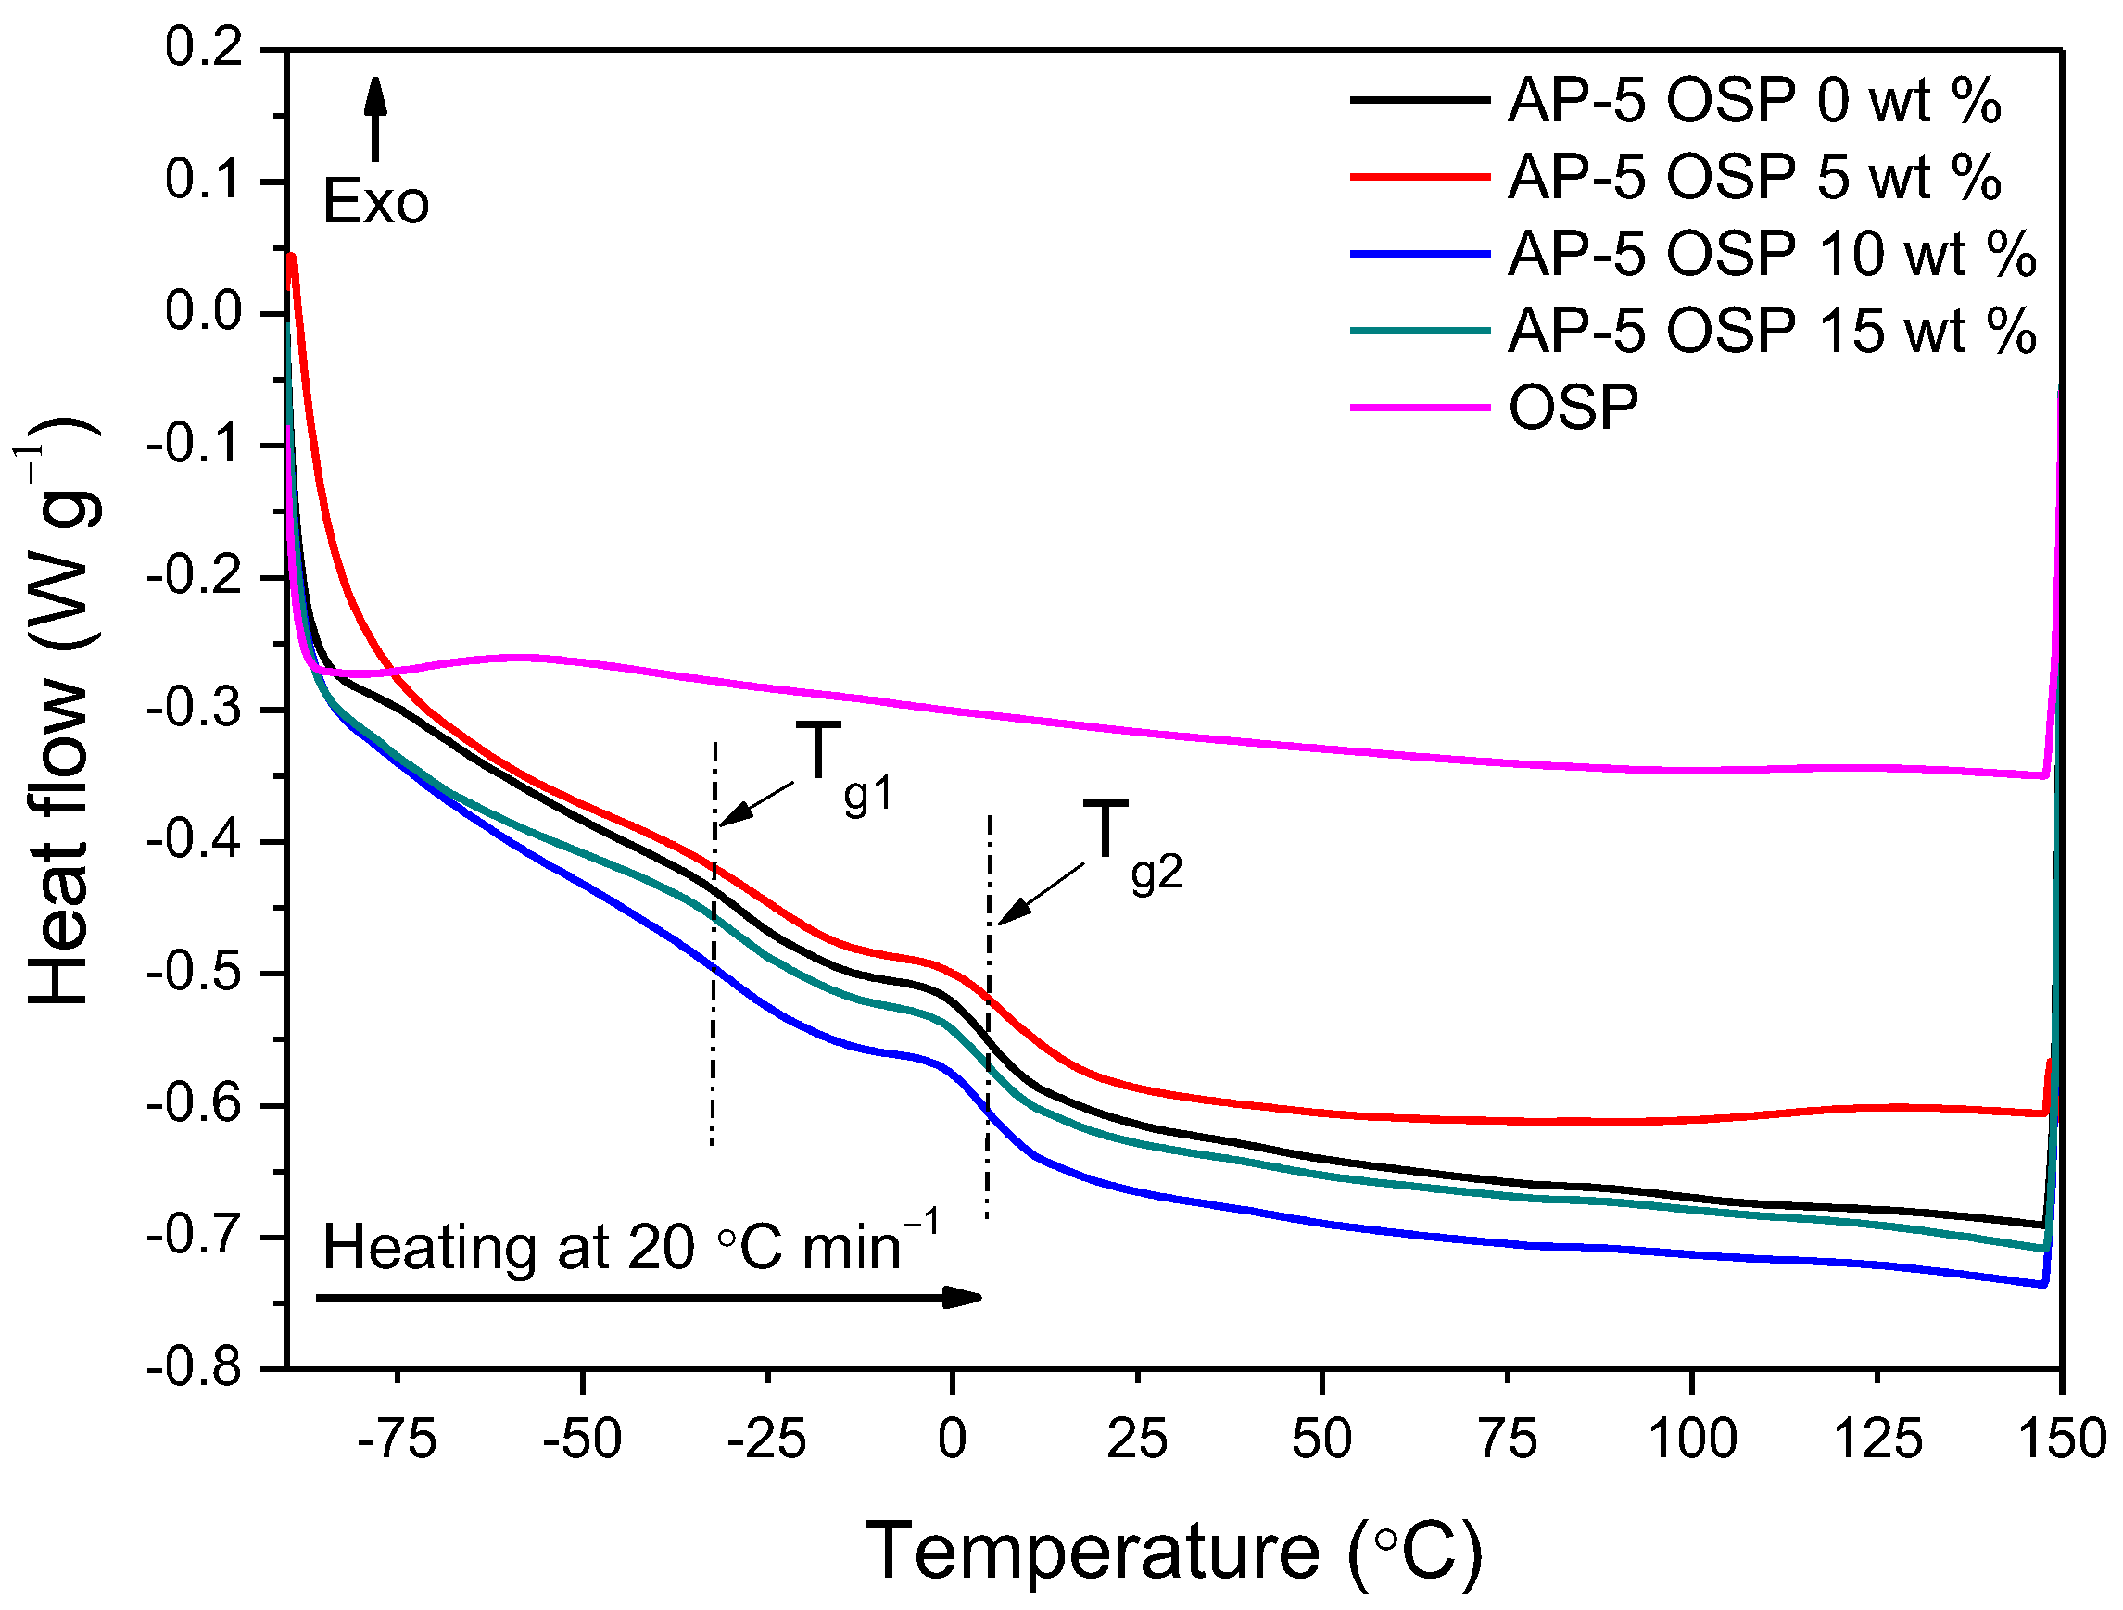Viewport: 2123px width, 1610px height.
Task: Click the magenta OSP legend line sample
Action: click(x=1420, y=408)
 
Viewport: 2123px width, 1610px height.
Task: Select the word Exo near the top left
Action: click(x=375, y=204)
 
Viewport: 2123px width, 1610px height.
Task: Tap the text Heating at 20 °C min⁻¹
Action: click(x=628, y=1247)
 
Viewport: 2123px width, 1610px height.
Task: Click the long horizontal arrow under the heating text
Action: click(x=648, y=1298)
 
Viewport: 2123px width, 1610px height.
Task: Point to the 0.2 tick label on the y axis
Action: click(x=204, y=48)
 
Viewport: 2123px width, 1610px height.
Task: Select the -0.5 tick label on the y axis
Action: click(x=195, y=974)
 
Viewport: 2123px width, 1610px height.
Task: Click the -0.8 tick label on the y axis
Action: click(x=195, y=1367)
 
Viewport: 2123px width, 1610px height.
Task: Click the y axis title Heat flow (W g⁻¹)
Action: click(x=62, y=710)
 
